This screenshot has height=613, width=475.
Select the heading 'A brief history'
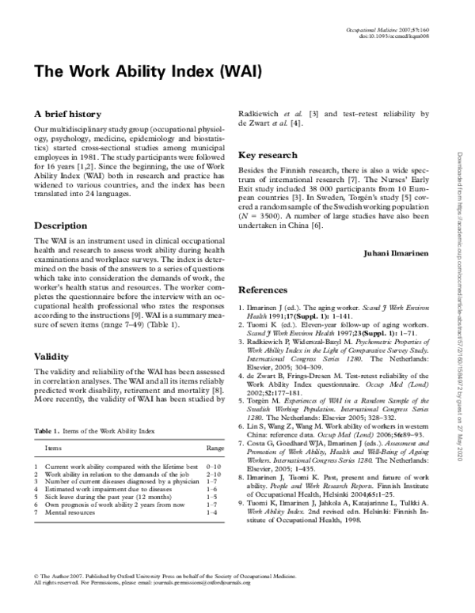[68, 114]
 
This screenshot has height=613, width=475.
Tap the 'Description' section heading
[60, 225]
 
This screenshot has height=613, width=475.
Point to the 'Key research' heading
[268, 155]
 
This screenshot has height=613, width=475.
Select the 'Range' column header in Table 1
[215, 470]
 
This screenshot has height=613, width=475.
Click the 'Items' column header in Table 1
[53, 470]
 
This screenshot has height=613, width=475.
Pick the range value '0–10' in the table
[214, 490]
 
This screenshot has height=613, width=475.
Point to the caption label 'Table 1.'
[46, 452]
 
